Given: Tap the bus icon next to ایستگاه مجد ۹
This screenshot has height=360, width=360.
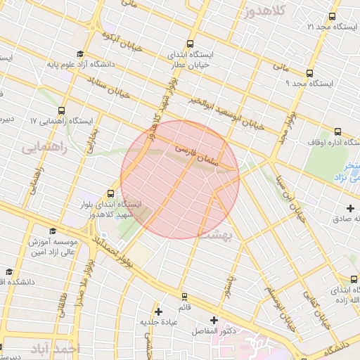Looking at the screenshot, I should pyautogui.click(x=309, y=73).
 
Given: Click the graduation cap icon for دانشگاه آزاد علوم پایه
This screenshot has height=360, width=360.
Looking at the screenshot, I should pyautogui.click(x=80, y=53).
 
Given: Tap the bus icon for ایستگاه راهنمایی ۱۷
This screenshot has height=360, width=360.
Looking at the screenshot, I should pyautogui.click(x=62, y=110).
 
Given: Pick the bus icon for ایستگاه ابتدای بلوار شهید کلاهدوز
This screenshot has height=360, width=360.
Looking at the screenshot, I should pyautogui.click(x=110, y=193).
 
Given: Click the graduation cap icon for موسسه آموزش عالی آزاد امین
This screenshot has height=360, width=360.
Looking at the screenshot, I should pyautogui.click(x=53, y=231).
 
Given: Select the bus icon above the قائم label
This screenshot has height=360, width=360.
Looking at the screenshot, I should pyautogui.click(x=184, y=297).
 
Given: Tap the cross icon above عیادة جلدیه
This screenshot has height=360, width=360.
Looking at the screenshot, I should pyautogui.click(x=158, y=311).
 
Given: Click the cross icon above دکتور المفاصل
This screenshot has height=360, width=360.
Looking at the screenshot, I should pyautogui.click(x=214, y=320).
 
